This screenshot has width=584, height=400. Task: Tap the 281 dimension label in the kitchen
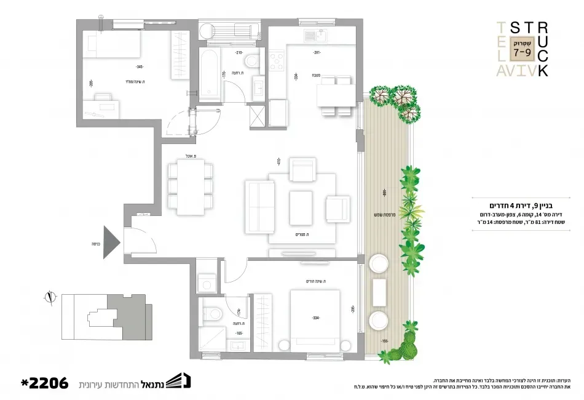point(317,53)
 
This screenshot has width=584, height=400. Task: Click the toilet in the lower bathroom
point(213,312)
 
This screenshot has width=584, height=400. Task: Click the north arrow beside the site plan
point(49,298)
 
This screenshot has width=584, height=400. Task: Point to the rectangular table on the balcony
point(379,292)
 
